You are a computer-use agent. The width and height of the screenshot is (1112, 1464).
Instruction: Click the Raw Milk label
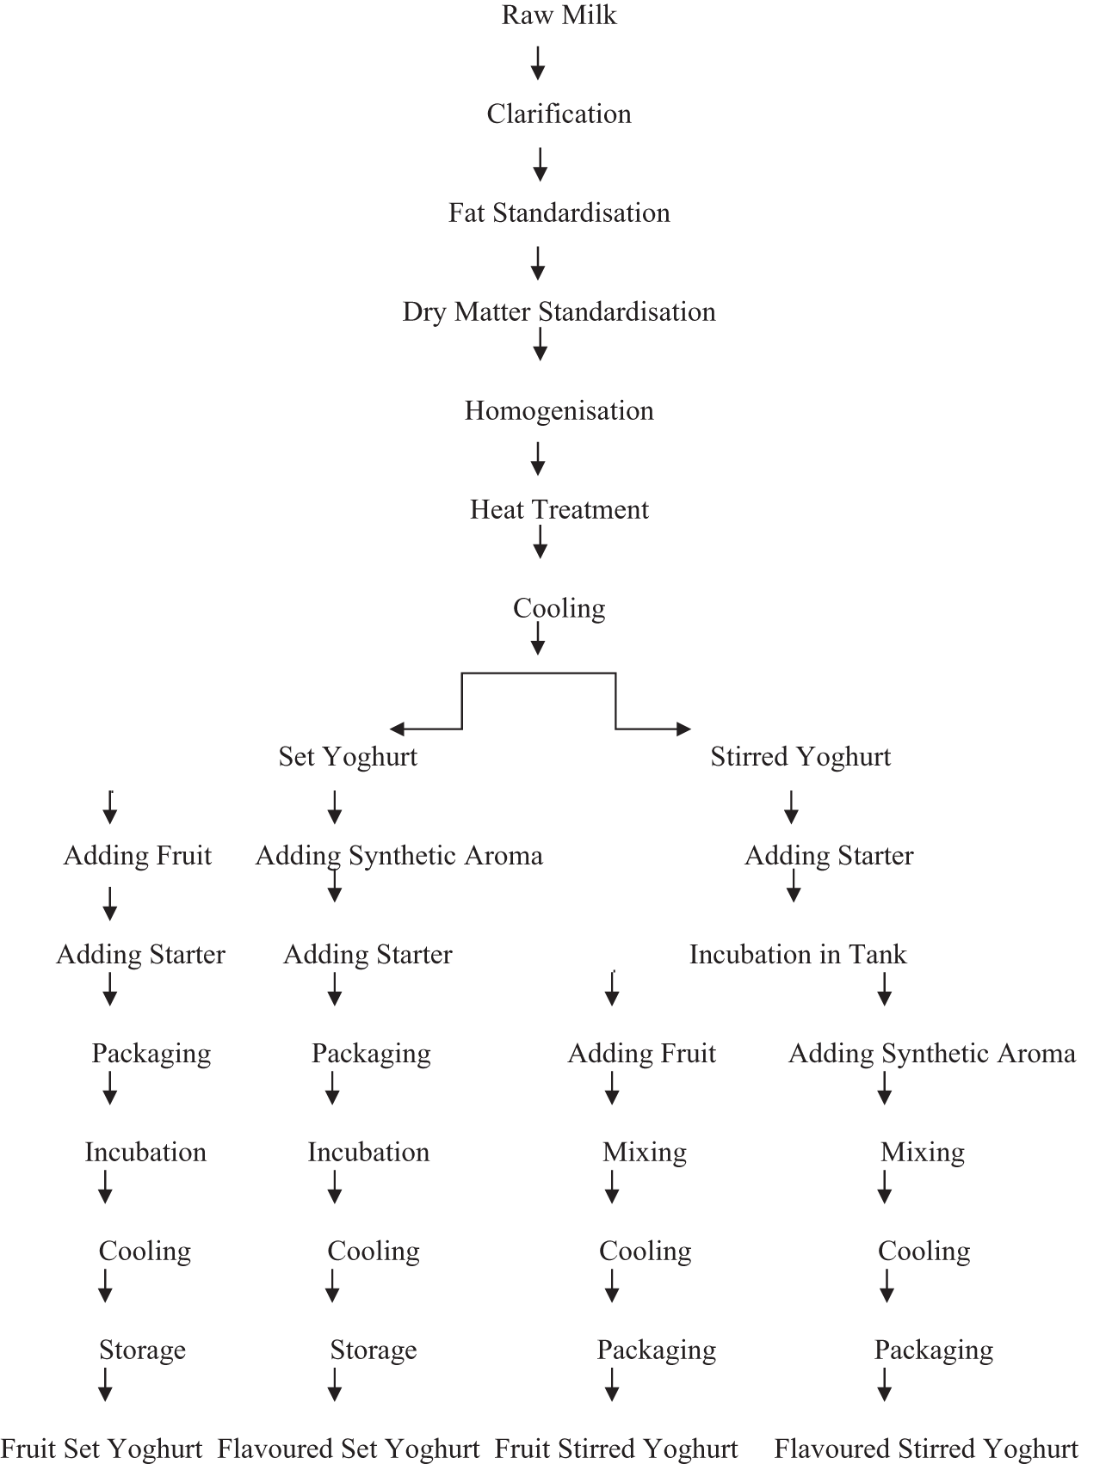tap(559, 15)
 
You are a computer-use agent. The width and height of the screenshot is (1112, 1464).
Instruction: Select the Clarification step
tap(559, 114)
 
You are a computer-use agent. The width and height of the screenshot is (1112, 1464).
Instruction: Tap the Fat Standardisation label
tap(559, 212)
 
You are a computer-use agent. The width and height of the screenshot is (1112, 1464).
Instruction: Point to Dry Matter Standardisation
tap(559, 311)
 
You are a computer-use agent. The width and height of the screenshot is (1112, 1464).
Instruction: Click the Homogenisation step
tap(559, 410)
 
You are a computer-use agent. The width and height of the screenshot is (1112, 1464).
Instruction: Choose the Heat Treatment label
tap(559, 509)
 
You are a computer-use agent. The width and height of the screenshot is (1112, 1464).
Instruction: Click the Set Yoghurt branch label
tap(348, 757)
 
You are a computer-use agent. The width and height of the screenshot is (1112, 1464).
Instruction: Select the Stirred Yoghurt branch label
tap(800, 757)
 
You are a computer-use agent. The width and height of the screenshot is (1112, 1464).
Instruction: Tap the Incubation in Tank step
tap(798, 955)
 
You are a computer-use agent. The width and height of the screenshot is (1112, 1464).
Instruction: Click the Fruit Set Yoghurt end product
tap(102, 1449)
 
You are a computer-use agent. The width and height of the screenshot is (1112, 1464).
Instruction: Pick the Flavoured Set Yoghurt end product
tap(348, 1449)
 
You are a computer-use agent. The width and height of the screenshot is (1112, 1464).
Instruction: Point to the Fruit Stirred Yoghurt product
tap(616, 1449)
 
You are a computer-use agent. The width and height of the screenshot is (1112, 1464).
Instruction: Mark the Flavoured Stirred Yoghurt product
tap(926, 1449)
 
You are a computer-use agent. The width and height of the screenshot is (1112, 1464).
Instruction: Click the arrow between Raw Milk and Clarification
tap(538, 64)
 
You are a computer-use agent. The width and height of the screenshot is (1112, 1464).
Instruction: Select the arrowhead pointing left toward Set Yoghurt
tap(397, 729)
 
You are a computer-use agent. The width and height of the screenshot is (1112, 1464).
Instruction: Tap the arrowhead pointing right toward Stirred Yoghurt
tap(683, 729)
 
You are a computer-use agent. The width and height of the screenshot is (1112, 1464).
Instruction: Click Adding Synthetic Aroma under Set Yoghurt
tap(399, 856)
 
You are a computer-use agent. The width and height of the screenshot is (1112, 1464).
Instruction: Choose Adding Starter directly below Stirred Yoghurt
tap(829, 856)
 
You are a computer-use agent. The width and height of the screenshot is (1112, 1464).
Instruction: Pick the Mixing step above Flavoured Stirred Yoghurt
tap(923, 1153)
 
